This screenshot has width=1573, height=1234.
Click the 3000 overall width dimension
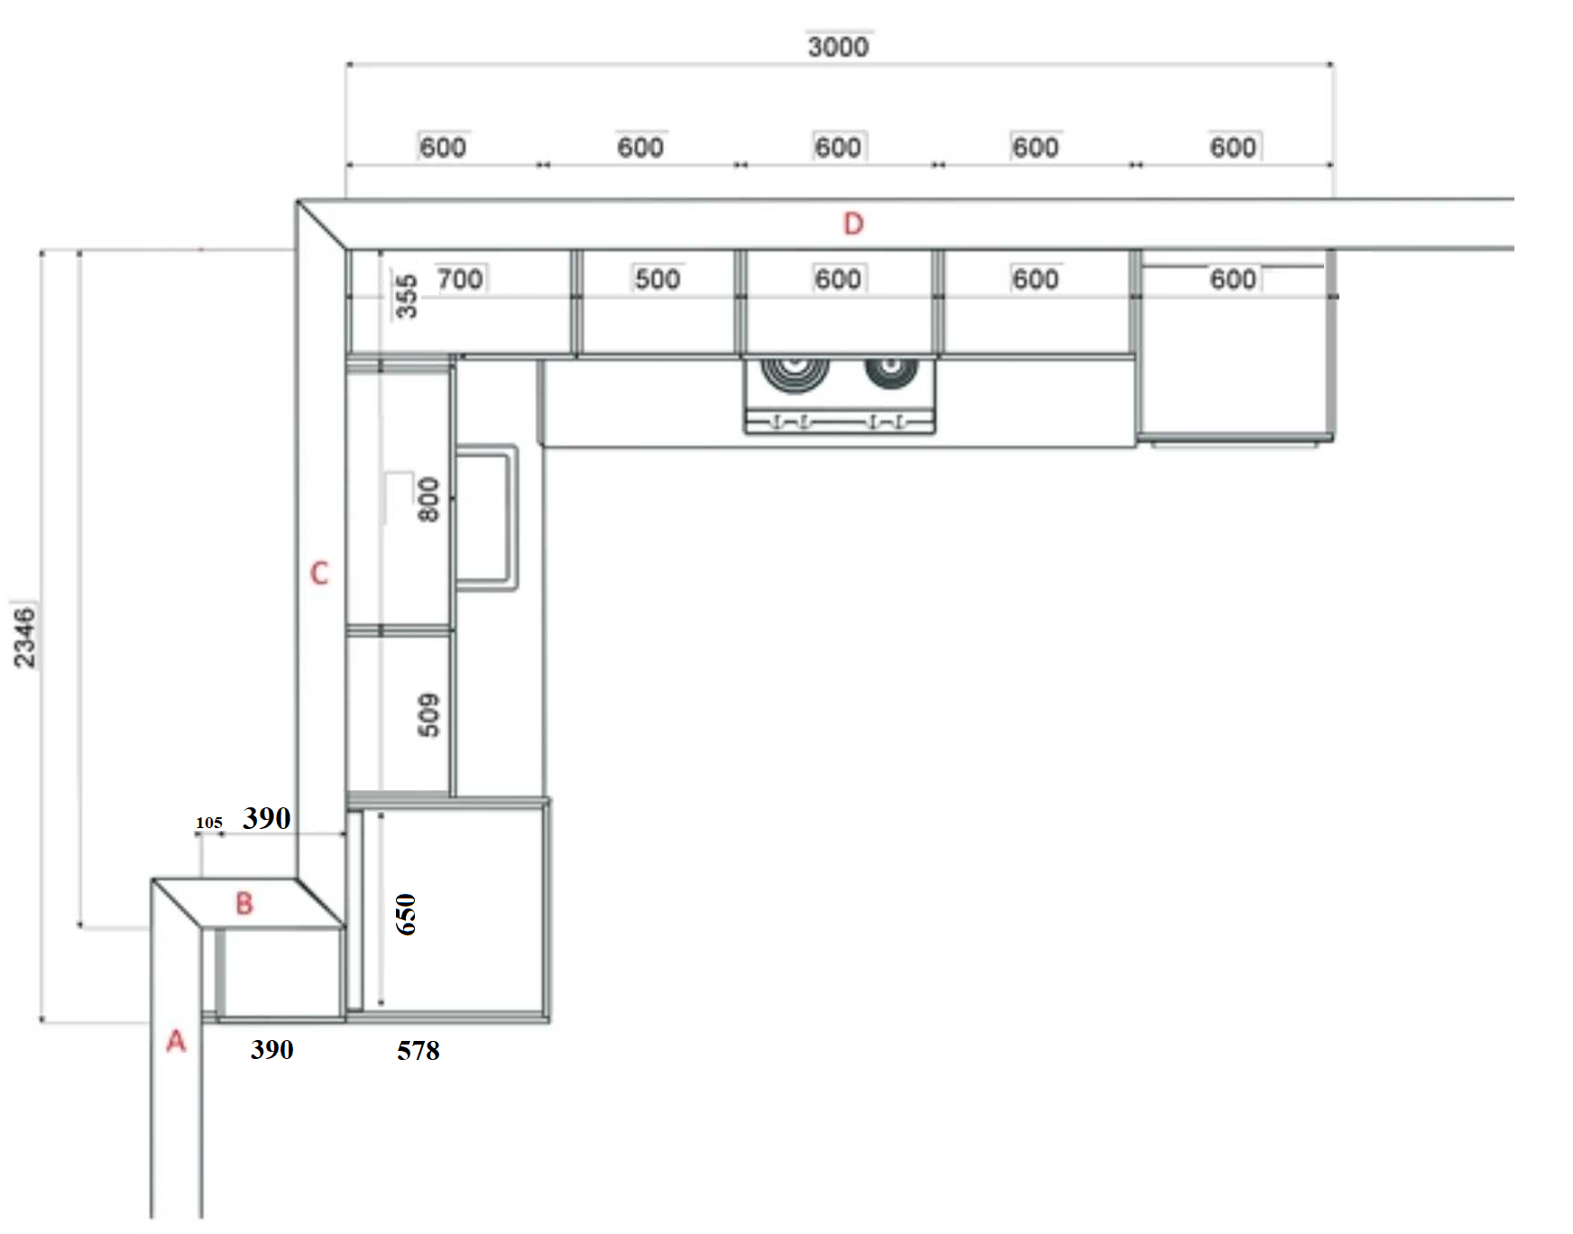(x=838, y=46)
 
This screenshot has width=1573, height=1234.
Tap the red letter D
(x=853, y=224)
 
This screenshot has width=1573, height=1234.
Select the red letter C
(x=319, y=573)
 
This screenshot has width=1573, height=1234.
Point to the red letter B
(x=244, y=903)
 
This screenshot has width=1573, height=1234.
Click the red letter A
(x=176, y=1041)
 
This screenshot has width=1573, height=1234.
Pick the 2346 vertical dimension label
(x=24, y=637)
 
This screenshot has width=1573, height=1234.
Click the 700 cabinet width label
(x=460, y=279)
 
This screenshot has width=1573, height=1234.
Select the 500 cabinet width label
(x=658, y=279)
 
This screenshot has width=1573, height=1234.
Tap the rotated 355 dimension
(x=407, y=296)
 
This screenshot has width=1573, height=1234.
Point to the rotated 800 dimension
(x=428, y=499)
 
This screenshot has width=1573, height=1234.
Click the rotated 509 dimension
(x=428, y=714)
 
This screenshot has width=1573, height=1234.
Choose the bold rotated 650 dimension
(x=406, y=914)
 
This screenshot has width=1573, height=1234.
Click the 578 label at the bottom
(x=419, y=1050)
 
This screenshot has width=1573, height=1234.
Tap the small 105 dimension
(x=209, y=823)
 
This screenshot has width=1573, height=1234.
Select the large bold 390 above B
(x=267, y=818)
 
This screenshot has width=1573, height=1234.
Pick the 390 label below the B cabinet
(x=272, y=1049)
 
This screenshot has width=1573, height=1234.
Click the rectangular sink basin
(x=487, y=518)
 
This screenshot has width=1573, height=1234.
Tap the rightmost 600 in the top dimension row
(x=1233, y=147)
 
